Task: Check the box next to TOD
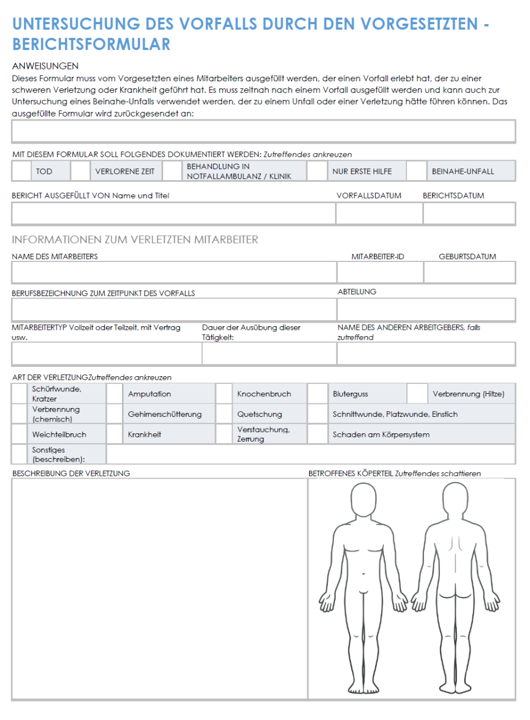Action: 21,171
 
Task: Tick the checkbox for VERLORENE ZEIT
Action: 79,171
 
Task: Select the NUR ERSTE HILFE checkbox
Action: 317,171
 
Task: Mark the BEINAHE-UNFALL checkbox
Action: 416,171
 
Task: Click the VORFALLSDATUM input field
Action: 379,213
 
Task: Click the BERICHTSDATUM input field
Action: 469,213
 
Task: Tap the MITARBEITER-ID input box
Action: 380,273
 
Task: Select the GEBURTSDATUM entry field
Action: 469,273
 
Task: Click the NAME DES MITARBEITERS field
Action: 174,273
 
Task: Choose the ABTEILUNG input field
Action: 426,309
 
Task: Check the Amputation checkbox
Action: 114,394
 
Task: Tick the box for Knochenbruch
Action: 223,394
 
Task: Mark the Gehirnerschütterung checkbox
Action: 114,414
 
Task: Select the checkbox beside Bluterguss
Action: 317,394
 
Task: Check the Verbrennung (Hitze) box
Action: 417,394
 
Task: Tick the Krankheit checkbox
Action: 114,434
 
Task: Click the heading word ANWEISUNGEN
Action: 45,66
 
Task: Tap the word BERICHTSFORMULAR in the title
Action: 91,44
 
